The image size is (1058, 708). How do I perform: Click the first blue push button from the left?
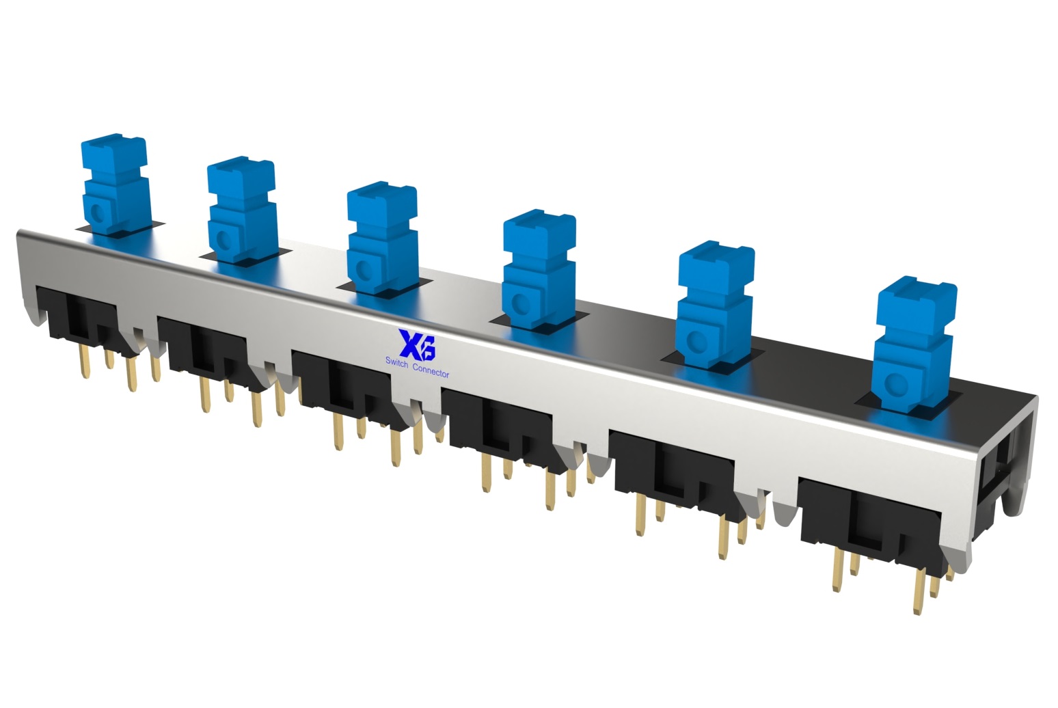click(x=116, y=185)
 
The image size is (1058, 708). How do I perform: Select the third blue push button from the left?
click(x=382, y=238)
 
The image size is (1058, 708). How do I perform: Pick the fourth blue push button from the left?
click(x=539, y=269)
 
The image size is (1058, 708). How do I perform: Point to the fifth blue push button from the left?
click(x=716, y=305)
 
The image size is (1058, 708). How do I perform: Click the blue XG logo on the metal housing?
click(x=417, y=344)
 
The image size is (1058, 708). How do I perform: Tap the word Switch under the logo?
click(x=396, y=362)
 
